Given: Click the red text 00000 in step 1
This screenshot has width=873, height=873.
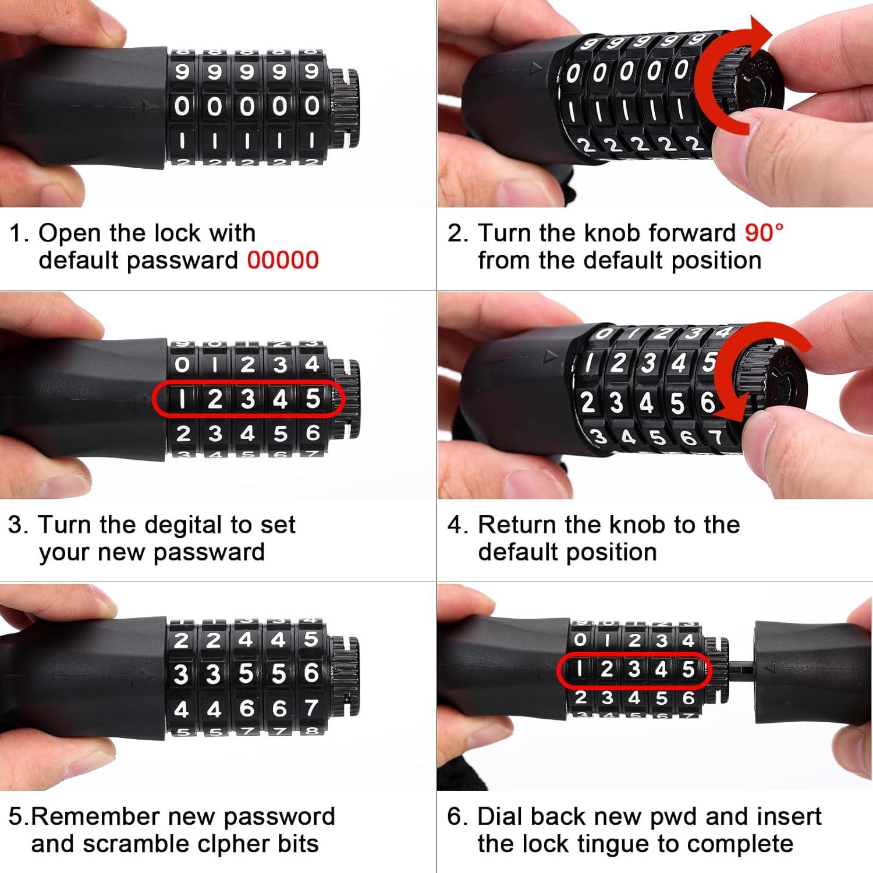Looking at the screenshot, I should coord(283,260).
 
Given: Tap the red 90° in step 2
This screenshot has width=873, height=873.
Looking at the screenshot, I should coord(764,233).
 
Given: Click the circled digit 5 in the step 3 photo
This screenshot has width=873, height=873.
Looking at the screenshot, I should coord(313,399).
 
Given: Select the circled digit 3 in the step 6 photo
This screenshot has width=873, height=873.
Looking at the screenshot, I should coord(634,669).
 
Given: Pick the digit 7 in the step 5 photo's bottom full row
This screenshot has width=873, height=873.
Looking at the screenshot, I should coord(311,708).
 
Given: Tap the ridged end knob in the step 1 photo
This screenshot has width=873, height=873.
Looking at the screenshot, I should coord(345,108).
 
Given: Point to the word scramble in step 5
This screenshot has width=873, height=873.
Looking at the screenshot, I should coord(137,844).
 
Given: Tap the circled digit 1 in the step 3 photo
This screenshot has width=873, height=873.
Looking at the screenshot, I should coord(182,399).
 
